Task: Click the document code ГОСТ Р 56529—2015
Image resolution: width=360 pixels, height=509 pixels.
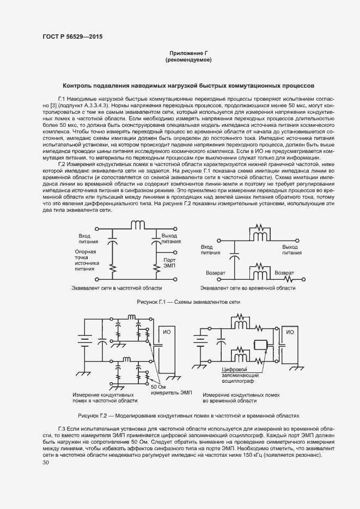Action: pyautogui.click(x=72, y=36)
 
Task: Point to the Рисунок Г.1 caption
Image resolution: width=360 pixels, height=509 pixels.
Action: pyautogui.click(x=188, y=302)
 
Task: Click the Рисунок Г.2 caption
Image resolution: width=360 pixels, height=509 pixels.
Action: pyautogui.click(x=188, y=415)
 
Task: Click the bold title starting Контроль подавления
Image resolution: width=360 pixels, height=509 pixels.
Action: pyautogui.click(x=188, y=85)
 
